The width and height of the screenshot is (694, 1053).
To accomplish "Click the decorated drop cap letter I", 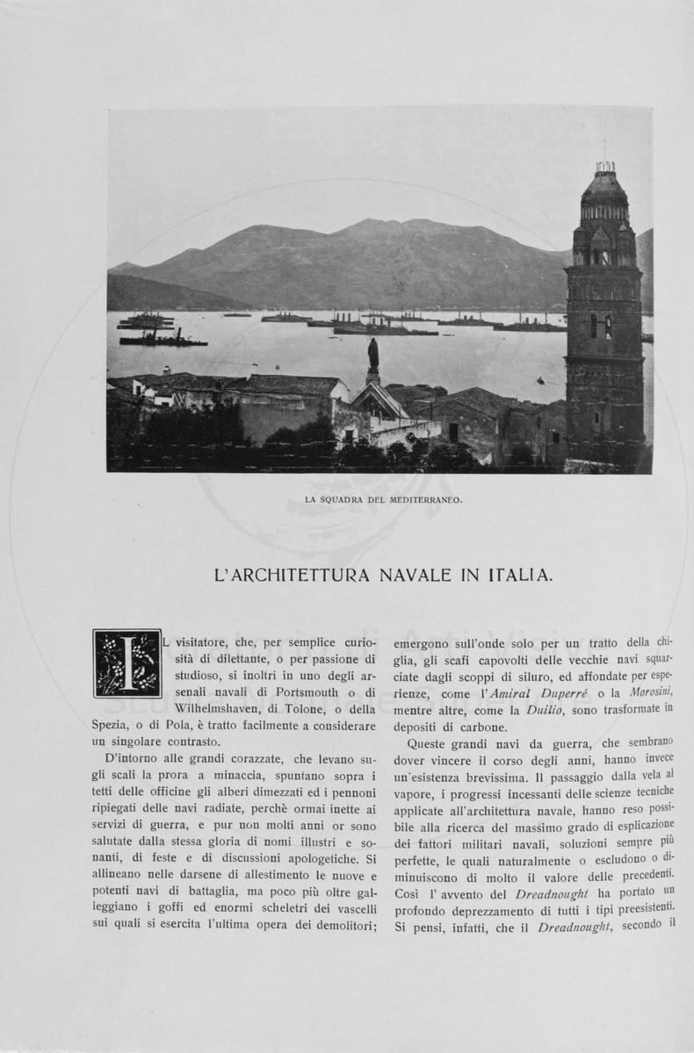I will click(x=127, y=663).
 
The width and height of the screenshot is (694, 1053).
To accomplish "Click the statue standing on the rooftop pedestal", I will click(x=373, y=354).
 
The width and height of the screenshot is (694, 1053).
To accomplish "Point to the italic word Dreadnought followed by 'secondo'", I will click(x=574, y=927).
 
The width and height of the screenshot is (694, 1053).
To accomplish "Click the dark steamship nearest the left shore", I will click(x=163, y=338).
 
